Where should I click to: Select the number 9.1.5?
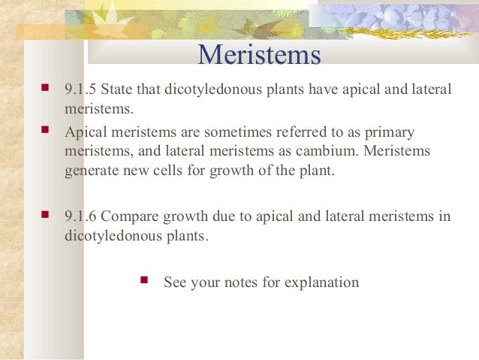click(80, 91)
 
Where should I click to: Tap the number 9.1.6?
click(80, 217)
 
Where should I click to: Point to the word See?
click(175, 283)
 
